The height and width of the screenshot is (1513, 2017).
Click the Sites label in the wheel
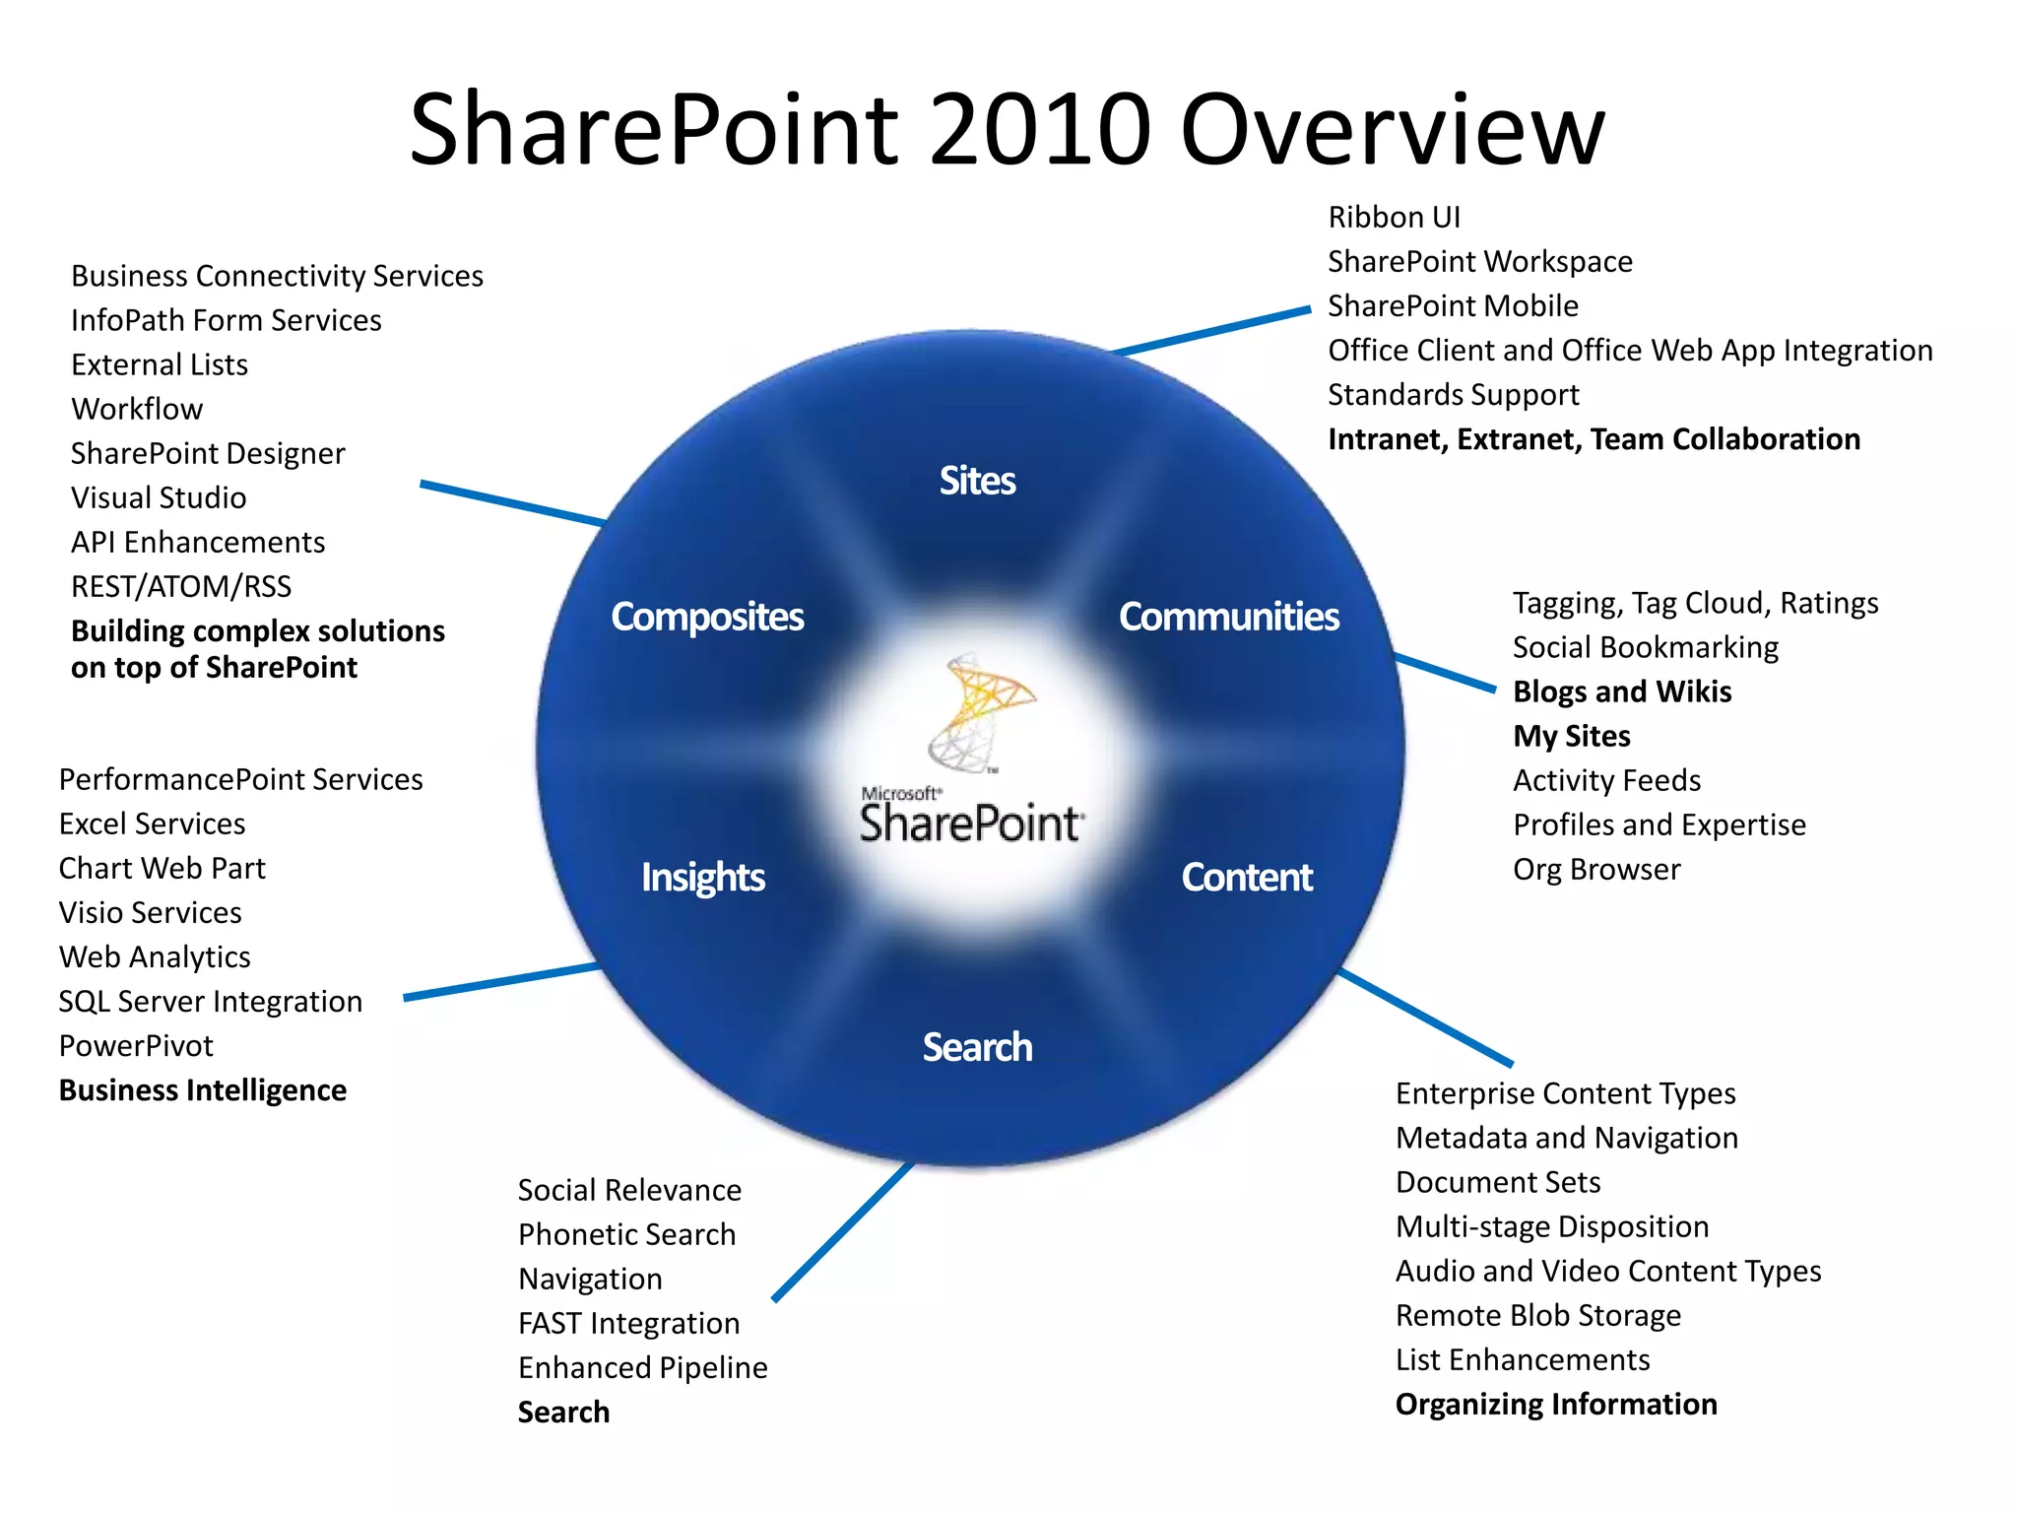point(977,481)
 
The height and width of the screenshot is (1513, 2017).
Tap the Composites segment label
point(707,617)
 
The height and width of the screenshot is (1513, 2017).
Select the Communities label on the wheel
point(1228,617)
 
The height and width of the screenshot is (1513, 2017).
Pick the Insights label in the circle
point(702,877)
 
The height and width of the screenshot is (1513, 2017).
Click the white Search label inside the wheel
point(977,1047)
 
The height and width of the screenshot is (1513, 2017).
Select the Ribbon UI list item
point(1394,217)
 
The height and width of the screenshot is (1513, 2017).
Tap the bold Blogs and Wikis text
point(1621,691)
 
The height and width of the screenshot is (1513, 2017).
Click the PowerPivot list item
point(136,1046)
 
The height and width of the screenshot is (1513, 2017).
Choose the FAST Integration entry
point(628,1323)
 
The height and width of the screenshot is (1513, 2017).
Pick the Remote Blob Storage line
point(1537,1315)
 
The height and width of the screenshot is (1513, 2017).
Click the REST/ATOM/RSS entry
point(181,586)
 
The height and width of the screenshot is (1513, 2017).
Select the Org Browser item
point(1596,870)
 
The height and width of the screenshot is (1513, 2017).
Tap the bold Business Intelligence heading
point(202,1090)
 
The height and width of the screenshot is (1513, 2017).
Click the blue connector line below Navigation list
point(843,1231)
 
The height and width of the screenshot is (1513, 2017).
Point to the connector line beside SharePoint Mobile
point(1211,331)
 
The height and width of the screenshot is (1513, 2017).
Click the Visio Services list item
point(150,912)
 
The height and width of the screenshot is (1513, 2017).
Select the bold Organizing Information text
point(1556,1404)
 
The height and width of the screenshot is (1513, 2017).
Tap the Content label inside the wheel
point(1246,877)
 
